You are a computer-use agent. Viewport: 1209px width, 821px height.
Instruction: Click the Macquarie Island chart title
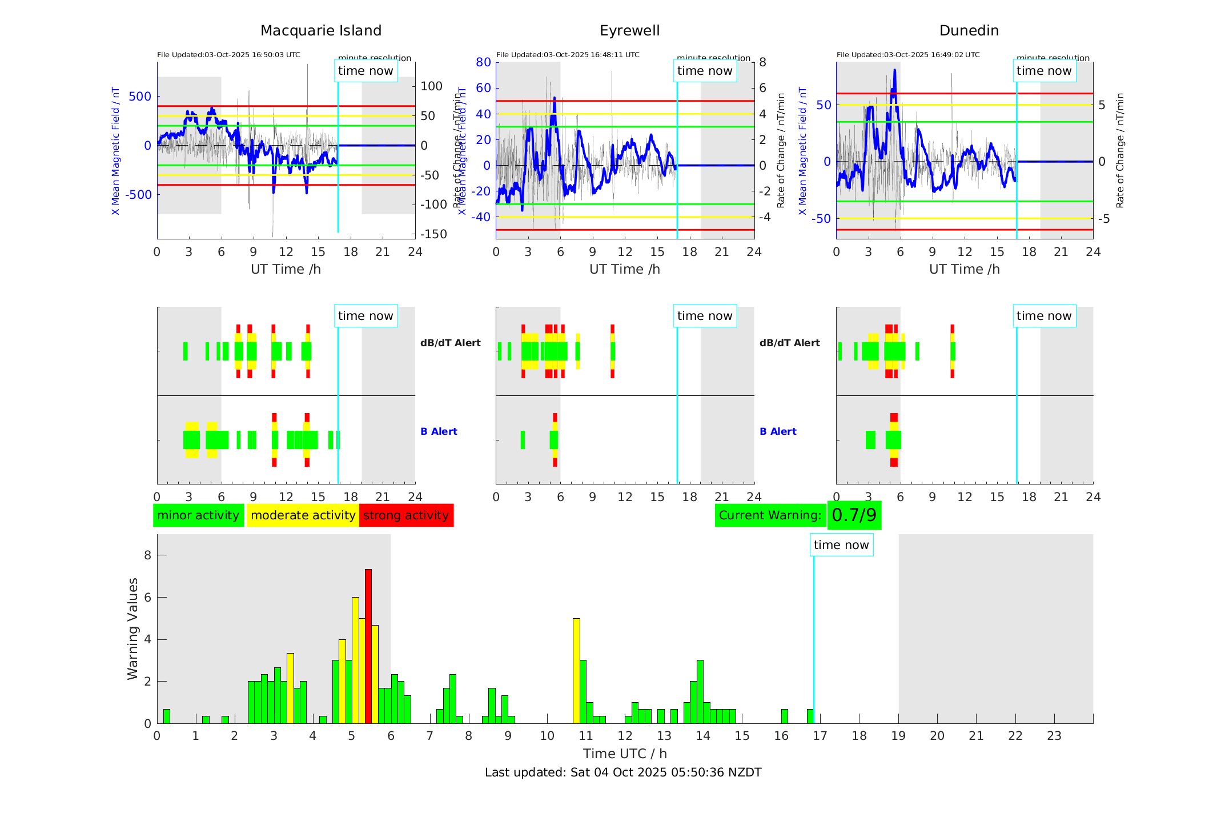pos(321,31)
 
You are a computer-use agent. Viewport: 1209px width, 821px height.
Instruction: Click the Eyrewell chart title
pos(629,31)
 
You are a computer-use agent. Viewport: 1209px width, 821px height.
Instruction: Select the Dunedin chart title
pos(969,31)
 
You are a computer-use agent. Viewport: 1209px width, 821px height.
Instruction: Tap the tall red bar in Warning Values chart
pos(368,646)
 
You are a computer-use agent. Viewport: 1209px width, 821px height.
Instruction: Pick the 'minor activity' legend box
pos(198,515)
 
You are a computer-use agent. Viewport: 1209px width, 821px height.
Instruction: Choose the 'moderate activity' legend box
pos(303,515)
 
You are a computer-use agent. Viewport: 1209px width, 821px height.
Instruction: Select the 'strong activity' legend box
pos(406,515)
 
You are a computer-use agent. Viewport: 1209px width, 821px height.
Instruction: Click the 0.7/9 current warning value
pos(854,515)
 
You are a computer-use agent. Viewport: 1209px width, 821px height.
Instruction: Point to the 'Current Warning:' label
pos(770,515)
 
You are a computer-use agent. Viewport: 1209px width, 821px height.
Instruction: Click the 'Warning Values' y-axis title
pos(133,628)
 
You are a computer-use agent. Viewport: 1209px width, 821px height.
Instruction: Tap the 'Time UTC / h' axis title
pos(625,754)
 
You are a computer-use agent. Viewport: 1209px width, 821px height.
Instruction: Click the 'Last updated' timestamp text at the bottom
pos(623,772)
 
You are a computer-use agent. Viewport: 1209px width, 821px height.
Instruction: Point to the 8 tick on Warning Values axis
pos(147,555)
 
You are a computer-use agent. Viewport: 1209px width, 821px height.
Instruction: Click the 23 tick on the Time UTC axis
pos(1054,736)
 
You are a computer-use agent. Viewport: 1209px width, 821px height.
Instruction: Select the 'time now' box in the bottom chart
pos(841,545)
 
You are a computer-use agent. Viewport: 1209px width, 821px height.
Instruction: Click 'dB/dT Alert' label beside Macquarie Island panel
pos(451,343)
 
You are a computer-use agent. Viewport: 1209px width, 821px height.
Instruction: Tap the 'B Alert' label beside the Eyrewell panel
pos(778,431)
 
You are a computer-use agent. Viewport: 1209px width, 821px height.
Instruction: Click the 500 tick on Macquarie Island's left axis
pos(140,97)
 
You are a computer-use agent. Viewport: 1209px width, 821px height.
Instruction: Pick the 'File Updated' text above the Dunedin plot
pos(908,55)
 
